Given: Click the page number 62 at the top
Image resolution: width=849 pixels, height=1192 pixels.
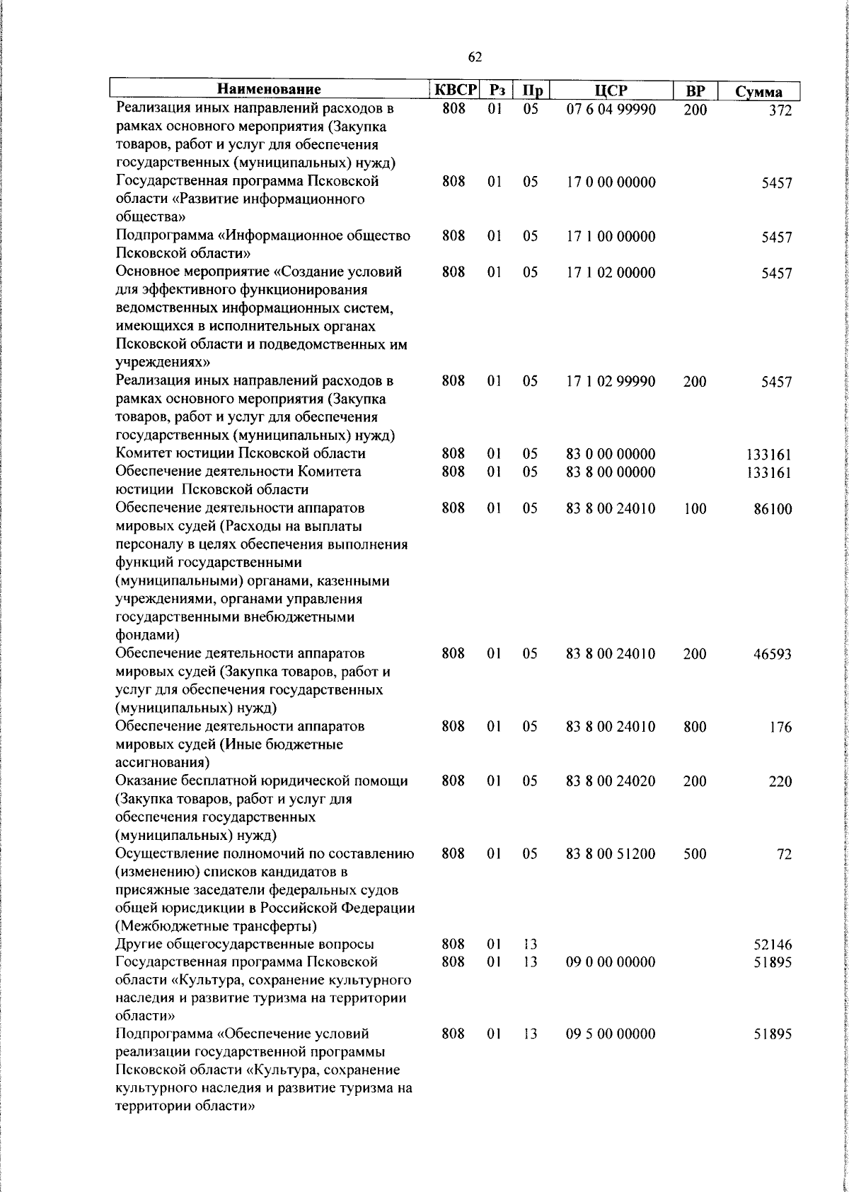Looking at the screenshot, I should point(475,57).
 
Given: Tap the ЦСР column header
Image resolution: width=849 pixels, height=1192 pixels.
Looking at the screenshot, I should point(611,90).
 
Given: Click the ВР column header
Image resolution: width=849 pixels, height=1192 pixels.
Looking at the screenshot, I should point(695,90).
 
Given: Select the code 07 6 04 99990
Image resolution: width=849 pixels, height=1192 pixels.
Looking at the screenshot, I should point(611,110).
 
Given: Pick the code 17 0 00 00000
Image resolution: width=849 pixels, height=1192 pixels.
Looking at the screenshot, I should point(611,182).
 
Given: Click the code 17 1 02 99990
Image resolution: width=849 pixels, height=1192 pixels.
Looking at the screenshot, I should point(611,382).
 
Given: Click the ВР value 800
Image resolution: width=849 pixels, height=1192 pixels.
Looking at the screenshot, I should point(695,727).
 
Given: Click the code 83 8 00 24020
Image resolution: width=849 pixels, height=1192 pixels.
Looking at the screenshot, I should point(611,781).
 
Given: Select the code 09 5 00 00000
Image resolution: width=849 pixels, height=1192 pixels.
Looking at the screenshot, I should point(611,1034).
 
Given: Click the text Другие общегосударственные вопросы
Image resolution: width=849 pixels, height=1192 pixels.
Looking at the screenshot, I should point(245,945).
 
